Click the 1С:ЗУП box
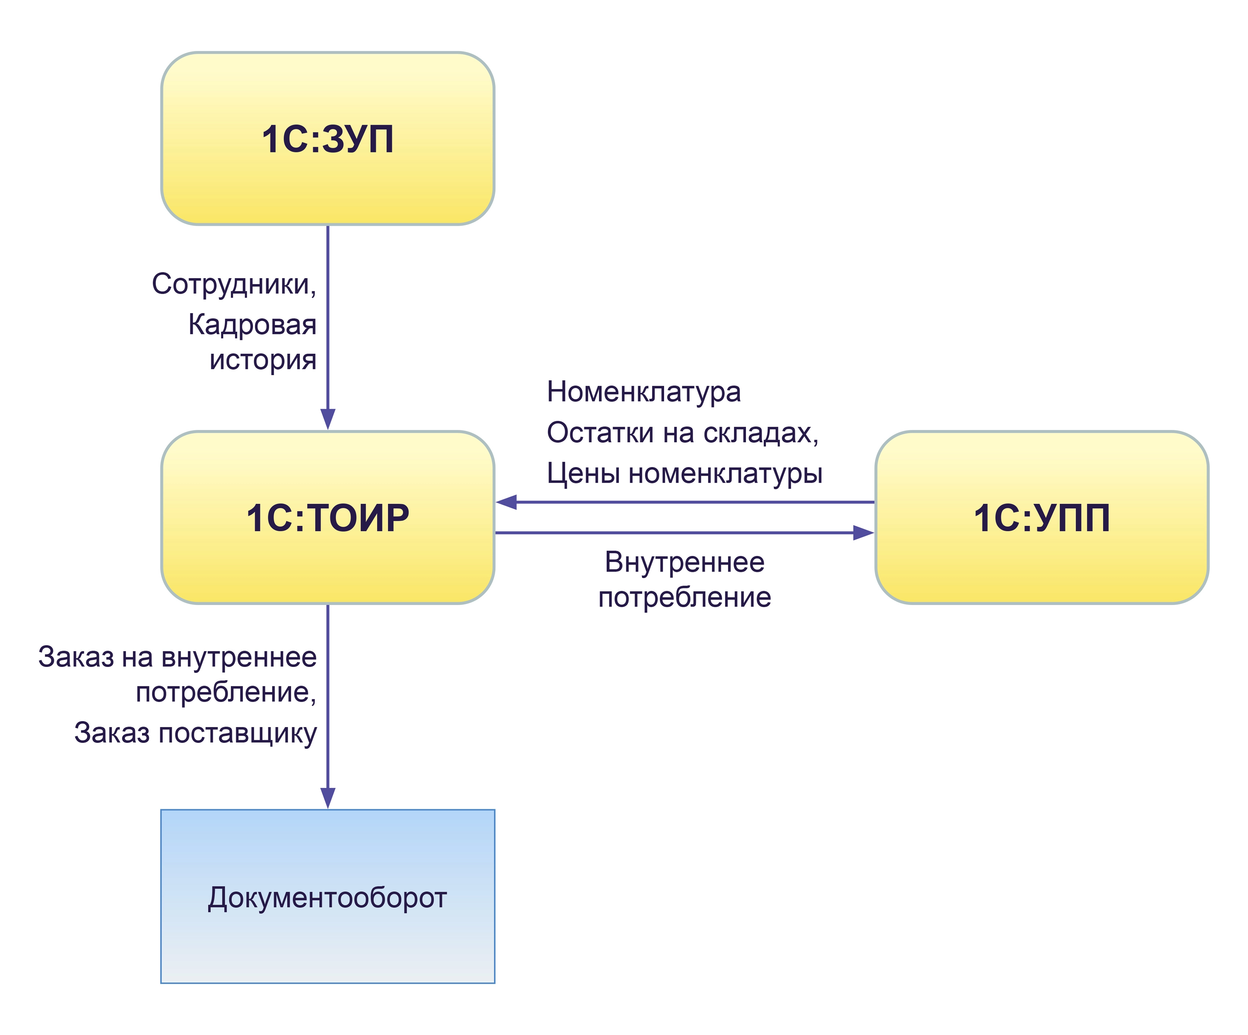tap(327, 138)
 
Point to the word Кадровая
tap(252, 325)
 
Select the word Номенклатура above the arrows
tap(643, 392)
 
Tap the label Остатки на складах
tap(682, 433)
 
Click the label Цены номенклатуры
tap(685, 473)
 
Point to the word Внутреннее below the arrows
tap(685, 562)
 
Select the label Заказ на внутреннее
tap(177, 657)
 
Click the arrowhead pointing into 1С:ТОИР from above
tap(327, 419)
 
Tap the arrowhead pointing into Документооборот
tap(327, 797)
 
